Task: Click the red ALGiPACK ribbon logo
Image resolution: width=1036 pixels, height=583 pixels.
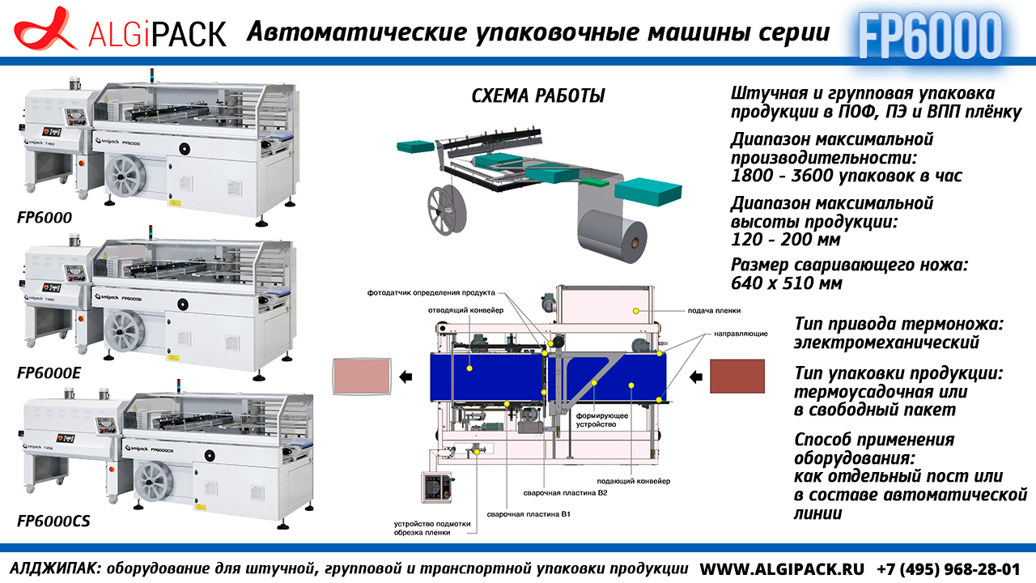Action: click(44, 28)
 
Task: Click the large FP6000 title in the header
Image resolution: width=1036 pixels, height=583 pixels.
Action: click(930, 36)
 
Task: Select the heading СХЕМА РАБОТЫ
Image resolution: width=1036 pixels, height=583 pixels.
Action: click(538, 96)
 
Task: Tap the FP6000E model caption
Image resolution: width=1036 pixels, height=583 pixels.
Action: click(49, 373)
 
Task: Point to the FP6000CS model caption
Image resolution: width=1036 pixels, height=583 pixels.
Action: click(53, 521)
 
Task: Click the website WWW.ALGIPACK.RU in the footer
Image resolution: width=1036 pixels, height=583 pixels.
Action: click(782, 568)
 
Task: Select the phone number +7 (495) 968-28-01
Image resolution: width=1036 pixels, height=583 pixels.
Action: click(949, 568)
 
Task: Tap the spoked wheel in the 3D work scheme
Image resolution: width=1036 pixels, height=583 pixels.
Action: click(447, 211)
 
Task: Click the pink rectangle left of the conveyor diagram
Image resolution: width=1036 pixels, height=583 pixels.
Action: click(362, 377)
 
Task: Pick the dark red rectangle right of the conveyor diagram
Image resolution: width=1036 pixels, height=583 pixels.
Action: click(737, 377)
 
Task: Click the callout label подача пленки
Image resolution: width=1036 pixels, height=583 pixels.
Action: click(714, 310)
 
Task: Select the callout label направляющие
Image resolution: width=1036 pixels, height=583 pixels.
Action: click(741, 334)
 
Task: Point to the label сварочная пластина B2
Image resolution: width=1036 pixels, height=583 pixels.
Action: click(565, 493)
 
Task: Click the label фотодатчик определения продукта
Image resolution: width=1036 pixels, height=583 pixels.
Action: click(431, 292)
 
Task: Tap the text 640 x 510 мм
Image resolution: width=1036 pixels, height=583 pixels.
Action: click(786, 283)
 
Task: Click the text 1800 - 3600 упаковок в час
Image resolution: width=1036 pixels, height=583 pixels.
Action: click(847, 176)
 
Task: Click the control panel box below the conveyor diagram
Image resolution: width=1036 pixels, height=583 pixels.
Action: click(436, 487)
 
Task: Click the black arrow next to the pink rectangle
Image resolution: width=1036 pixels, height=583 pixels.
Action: click(405, 377)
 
